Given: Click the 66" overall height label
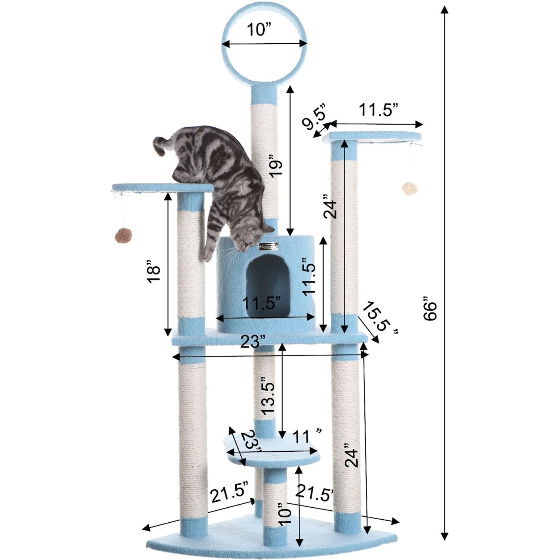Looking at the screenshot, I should [430, 308].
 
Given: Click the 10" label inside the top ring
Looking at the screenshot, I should [259, 29].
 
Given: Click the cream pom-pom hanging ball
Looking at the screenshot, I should [410, 189].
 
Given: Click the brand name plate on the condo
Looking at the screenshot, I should [269, 246].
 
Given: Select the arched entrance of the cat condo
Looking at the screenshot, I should [268, 284].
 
